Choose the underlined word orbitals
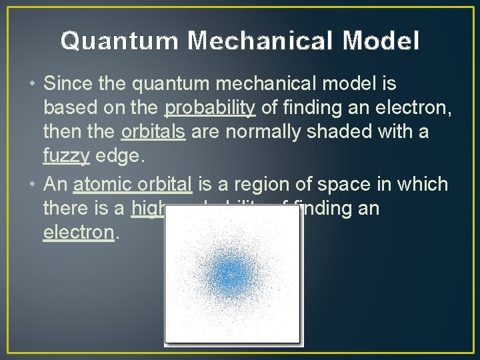[153, 132]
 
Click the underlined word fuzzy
[65, 156]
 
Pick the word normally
[250, 132]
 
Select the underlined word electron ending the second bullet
[79, 233]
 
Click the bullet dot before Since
[33, 85]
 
